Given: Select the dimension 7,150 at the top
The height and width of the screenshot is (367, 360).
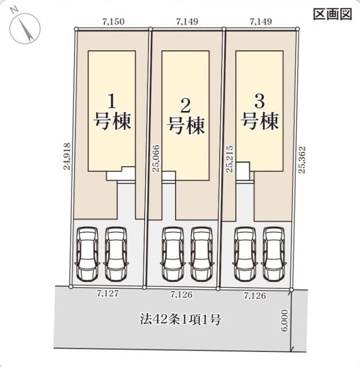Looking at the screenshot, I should tap(113, 22).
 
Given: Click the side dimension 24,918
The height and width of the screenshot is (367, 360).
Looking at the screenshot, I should tap(68, 157).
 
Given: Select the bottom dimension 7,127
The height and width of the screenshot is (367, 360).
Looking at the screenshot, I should tap(108, 293).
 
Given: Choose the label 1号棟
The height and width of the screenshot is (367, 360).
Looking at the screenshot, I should tap(112, 112).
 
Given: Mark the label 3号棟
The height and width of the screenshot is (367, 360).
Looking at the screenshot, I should tap(259, 112).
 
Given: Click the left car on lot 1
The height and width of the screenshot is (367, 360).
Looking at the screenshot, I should tap(87, 253).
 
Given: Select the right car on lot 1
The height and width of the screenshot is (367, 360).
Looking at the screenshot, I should tap(116, 253).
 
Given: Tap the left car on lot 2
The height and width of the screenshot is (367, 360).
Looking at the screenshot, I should tap(172, 253).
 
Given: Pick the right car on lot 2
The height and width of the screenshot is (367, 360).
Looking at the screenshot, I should tap(201, 253).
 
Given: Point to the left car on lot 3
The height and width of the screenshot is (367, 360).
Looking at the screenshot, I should tap(245, 253).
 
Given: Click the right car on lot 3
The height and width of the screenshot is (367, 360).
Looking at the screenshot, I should tap(273, 253).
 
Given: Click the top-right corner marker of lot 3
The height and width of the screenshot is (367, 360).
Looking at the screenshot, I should tap(298, 29).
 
